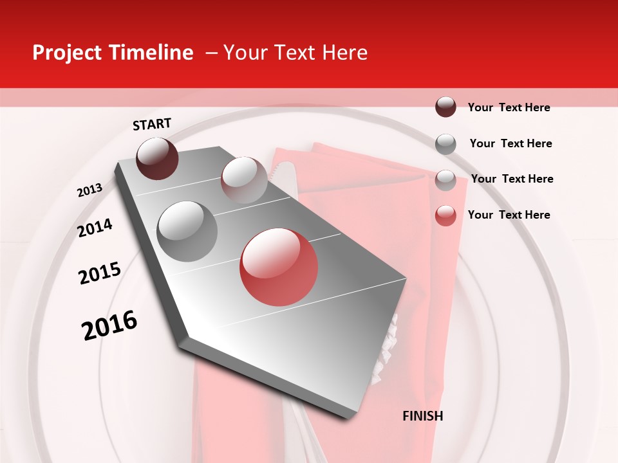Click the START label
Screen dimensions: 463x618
(152, 124)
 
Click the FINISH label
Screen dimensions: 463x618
(422, 416)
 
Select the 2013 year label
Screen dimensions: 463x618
(90, 190)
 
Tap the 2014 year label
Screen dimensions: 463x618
(95, 228)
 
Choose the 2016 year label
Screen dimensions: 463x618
(109, 325)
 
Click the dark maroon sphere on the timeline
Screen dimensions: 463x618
(157, 159)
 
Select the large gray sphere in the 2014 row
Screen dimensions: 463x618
(187, 231)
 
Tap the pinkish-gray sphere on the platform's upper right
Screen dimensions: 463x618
(244, 179)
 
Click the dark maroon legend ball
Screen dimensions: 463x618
(445, 107)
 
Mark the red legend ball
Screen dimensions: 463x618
(445, 215)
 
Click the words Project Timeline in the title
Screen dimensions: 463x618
(113, 53)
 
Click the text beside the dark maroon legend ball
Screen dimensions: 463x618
(509, 107)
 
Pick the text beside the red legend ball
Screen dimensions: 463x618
(509, 215)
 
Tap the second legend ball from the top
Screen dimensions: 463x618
(445, 143)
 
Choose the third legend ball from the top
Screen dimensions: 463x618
(445, 179)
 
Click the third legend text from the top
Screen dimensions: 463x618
(512, 179)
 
